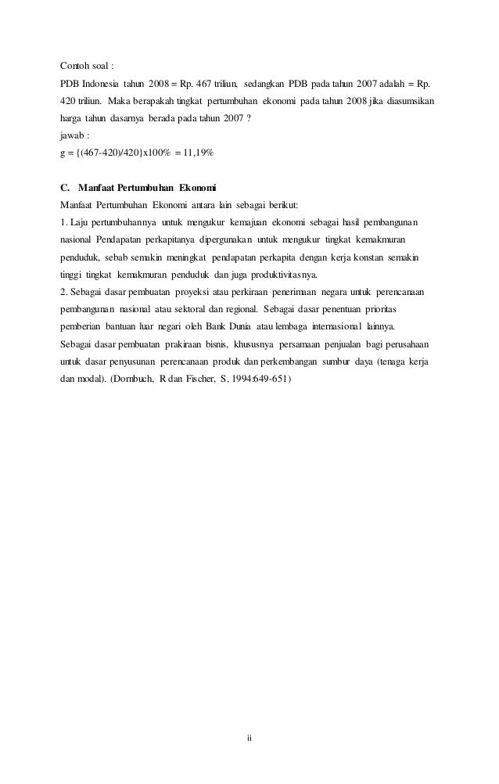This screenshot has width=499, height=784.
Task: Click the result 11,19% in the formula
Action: coord(187,153)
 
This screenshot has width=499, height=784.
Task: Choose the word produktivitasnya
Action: coord(276,275)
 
